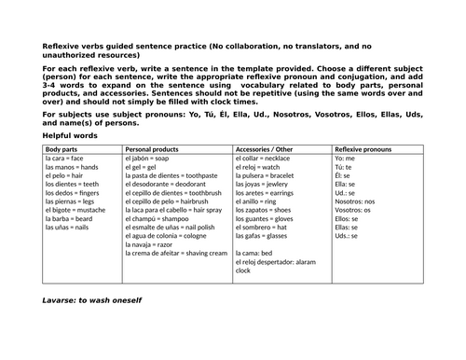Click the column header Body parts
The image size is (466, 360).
tap(62, 149)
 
